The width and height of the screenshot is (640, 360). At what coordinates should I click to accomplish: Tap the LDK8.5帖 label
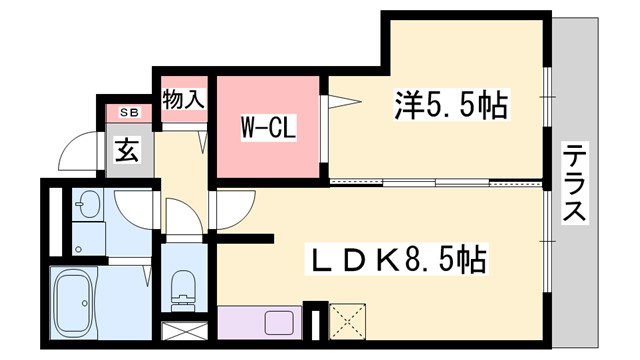(396, 262)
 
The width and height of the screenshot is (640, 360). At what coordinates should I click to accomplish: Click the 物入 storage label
(184, 100)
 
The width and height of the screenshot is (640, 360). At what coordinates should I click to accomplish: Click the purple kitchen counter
(261, 322)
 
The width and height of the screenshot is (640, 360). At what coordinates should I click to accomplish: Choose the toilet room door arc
(183, 219)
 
